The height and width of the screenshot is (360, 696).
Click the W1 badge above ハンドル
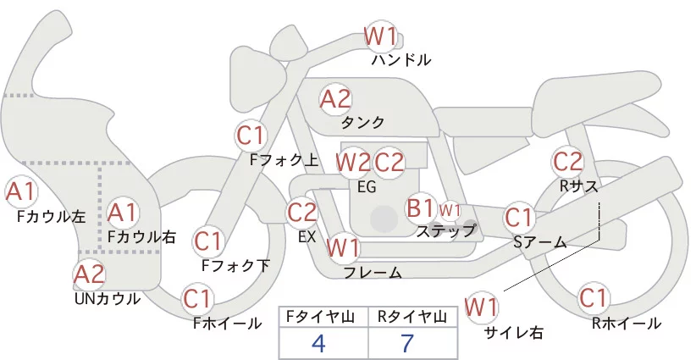click(380, 36)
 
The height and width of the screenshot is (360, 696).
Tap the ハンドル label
click(401, 60)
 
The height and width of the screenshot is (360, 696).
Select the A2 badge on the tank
click(335, 99)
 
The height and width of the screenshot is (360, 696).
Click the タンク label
click(362, 122)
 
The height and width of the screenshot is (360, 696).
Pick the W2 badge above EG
click(353, 161)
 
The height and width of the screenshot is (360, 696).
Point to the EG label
click(367, 186)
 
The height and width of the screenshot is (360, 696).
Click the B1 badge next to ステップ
click(421, 208)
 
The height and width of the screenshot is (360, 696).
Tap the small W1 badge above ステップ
click(450, 209)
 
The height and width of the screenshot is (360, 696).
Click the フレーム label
click(373, 272)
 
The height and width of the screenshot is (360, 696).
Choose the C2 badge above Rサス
click(567, 160)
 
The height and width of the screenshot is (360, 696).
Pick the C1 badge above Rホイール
click(593, 299)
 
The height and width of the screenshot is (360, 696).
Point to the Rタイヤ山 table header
click(412, 317)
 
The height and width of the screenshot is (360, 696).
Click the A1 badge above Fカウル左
click(20, 191)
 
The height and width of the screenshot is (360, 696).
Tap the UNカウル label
click(108, 298)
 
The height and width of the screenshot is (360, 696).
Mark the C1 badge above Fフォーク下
click(207, 241)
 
